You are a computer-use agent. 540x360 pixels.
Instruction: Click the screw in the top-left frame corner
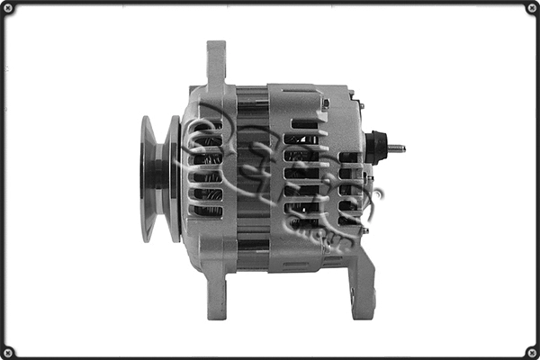pos(8,8)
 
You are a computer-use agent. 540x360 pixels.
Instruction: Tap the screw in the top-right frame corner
pos(531,8)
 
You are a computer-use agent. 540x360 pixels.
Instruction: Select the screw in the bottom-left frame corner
pos(8,351)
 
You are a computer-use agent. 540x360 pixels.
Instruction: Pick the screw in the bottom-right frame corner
pos(531,351)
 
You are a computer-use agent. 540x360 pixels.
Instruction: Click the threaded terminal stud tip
pos(400,148)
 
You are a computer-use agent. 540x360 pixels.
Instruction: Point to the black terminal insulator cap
pos(376,148)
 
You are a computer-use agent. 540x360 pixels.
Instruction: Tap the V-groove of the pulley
pos(159,178)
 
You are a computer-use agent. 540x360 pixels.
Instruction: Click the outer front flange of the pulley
pos(147,178)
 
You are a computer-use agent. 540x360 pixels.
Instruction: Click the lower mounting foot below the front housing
pos(217,297)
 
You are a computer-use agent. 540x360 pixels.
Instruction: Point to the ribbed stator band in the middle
pos(252,180)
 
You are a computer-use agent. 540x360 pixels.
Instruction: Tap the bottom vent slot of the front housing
pos(206,211)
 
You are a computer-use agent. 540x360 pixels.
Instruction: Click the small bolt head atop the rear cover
pos(325,103)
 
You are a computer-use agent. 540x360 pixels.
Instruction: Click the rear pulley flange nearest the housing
pos(173,178)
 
